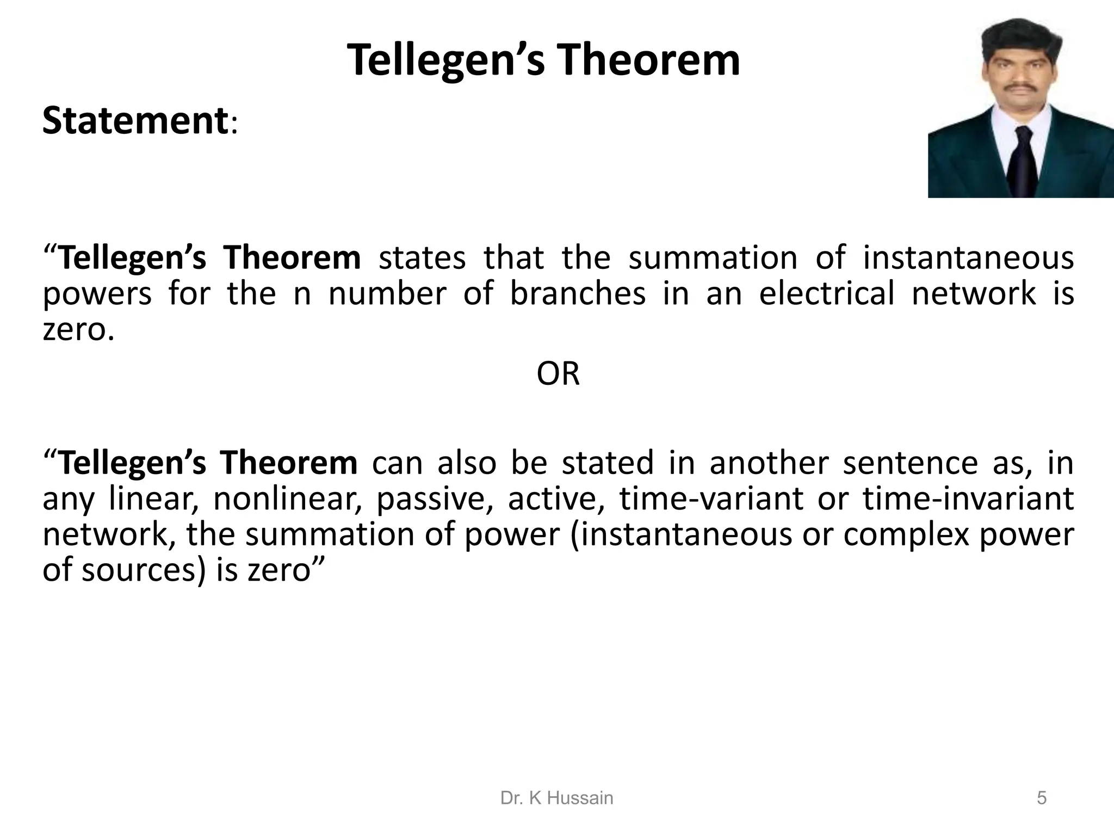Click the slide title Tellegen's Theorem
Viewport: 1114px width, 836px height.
(x=543, y=60)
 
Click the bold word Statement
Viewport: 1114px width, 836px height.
(x=134, y=121)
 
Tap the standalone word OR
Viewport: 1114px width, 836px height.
(x=558, y=374)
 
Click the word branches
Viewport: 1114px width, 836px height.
(x=578, y=294)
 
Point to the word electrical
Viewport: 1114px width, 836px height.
(x=826, y=294)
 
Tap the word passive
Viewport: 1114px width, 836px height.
(x=434, y=500)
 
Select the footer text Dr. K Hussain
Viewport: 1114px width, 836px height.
(x=556, y=798)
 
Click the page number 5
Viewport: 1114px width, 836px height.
(x=1041, y=798)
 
